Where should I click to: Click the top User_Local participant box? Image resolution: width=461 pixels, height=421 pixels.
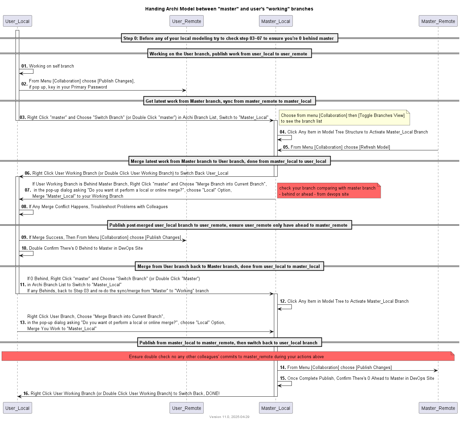tap(18, 21)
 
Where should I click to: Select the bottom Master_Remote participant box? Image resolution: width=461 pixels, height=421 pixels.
tap(438, 408)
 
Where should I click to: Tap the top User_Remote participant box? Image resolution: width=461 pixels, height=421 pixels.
tap(186, 21)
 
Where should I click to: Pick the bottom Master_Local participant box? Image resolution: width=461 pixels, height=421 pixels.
tap(276, 408)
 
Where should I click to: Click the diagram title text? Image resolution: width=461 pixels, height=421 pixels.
tap(229, 9)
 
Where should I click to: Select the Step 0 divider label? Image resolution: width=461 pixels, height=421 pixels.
tap(229, 38)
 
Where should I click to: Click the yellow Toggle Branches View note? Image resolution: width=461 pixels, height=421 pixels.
tap(344, 118)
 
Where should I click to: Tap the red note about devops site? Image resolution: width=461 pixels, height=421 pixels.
tap(329, 191)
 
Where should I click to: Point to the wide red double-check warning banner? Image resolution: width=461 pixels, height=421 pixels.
tap(228, 356)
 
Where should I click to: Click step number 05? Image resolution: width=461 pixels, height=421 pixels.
tap(286, 147)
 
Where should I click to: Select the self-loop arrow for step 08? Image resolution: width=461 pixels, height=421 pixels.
tap(27, 213)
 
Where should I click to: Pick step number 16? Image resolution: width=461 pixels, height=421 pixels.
tap(26, 393)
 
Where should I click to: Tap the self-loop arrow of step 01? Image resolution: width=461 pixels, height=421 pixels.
tap(27, 72)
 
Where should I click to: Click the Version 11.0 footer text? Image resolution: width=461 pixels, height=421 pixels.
tap(229, 417)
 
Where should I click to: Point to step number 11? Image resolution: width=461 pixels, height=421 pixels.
tap(23, 284)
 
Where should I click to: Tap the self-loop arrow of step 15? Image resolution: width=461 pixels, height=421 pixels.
tap(285, 384)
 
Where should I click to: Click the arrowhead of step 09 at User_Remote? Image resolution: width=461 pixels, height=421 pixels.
tap(184, 240)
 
